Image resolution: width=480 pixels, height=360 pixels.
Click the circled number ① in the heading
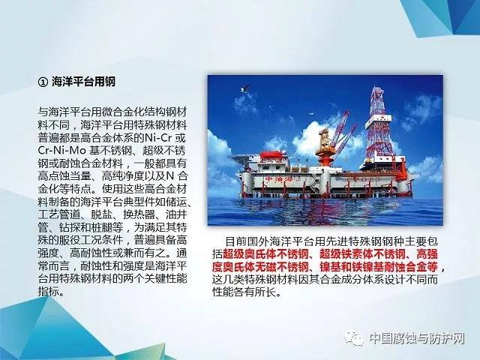pyautogui.click(x=43, y=82)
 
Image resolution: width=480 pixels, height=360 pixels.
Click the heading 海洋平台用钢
pyautogui.click(x=83, y=82)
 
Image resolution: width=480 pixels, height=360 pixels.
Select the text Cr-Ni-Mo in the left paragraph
pyautogui.click(x=62, y=150)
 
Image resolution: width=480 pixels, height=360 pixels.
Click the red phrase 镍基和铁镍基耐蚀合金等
pyautogui.click(x=379, y=267)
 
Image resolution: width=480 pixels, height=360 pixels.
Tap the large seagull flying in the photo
pyautogui.click(x=245, y=89)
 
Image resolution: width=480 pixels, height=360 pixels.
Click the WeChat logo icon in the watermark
pyautogui.click(x=354, y=338)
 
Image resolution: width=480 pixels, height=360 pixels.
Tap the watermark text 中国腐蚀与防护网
pyautogui.click(x=417, y=338)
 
